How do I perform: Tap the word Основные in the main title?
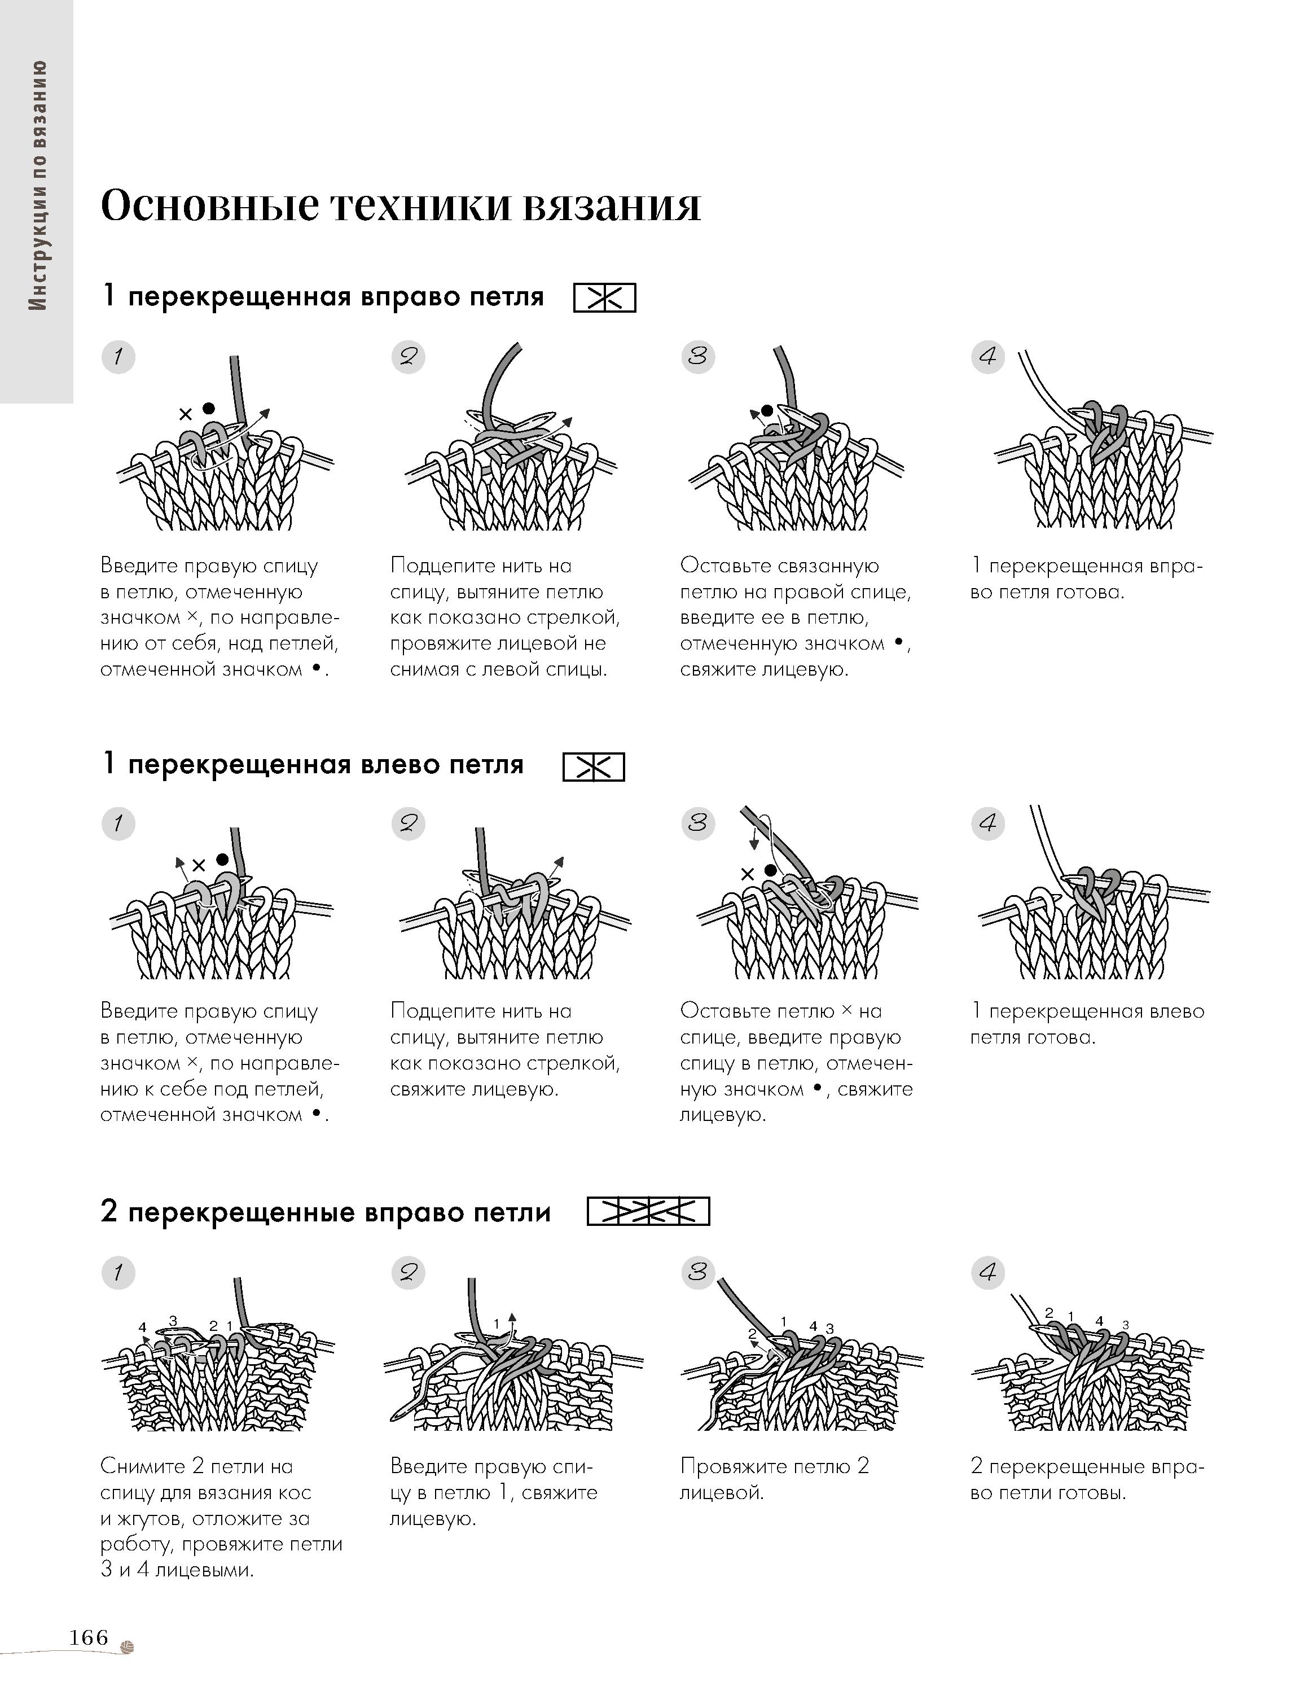pyautogui.click(x=209, y=206)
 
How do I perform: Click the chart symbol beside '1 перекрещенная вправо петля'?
pyautogui.click(x=604, y=298)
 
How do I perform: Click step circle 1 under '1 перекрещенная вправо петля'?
pyautogui.click(x=118, y=357)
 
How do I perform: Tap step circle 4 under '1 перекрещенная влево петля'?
pyautogui.click(x=987, y=823)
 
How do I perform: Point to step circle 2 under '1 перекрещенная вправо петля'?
pyautogui.click(x=408, y=357)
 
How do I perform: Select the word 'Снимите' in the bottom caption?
pyautogui.click(x=142, y=1466)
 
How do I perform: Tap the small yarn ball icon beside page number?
pyautogui.click(x=128, y=1641)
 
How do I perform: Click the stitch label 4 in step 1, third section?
pyautogui.click(x=142, y=1327)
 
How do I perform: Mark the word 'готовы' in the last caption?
pyautogui.click(x=1091, y=1493)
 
